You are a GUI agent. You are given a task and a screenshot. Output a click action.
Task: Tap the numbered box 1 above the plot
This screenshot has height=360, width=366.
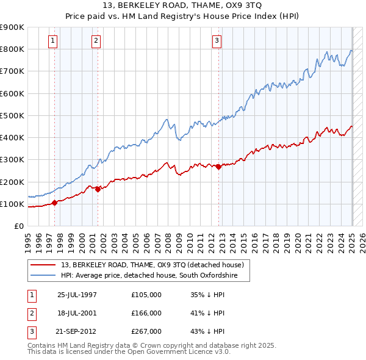[x=53, y=41]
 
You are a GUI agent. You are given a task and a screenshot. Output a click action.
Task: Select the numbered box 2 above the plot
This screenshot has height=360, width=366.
[x=96, y=41]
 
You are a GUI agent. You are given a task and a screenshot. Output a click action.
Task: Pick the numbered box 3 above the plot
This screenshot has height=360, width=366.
[x=217, y=41]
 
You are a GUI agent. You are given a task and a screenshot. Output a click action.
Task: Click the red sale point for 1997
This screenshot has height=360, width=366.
[x=54, y=203]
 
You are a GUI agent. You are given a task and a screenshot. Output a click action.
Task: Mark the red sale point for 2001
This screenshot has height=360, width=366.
[x=98, y=189]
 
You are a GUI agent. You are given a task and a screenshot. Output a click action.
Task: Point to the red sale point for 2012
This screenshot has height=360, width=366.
[x=218, y=167]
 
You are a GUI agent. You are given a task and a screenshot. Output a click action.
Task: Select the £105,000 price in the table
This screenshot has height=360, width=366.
[x=146, y=294]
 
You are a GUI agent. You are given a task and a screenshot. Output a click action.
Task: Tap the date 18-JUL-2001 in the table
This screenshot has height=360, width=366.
[x=77, y=313]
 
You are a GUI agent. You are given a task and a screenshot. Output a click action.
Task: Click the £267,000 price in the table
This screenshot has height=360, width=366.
[x=146, y=331]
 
